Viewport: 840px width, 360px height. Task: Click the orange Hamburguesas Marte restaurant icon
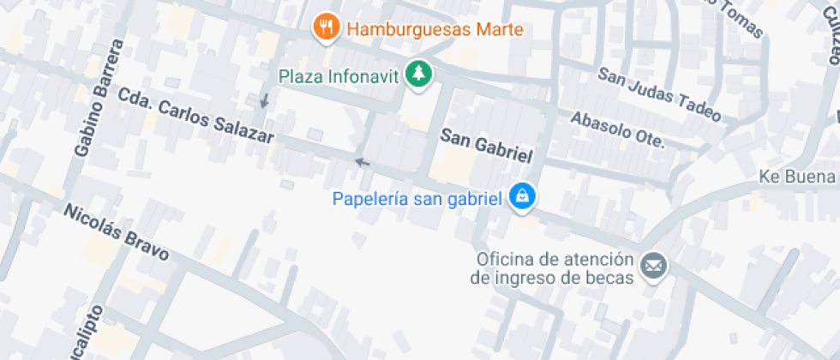coord(326,28)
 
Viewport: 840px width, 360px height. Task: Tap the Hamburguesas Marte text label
coord(435,29)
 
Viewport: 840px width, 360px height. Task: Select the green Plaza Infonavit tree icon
coord(418,74)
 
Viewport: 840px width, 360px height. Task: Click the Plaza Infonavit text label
coord(339,75)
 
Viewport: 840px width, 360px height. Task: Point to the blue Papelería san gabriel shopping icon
coord(521,198)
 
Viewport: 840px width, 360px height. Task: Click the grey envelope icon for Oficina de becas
coord(655,267)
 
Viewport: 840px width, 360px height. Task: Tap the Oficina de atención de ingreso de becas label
coord(552,268)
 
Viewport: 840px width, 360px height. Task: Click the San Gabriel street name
coord(487,147)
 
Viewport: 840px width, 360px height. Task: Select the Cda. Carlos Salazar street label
coord(195,116)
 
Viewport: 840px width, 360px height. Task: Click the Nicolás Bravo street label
coord(116,231)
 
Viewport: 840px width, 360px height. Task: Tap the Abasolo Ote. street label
coord(617,129)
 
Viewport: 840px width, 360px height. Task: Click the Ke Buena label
coord(797,177)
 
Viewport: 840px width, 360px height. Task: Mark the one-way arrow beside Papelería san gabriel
coord(362,162)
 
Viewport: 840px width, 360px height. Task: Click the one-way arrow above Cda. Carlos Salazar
coord(265,101)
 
